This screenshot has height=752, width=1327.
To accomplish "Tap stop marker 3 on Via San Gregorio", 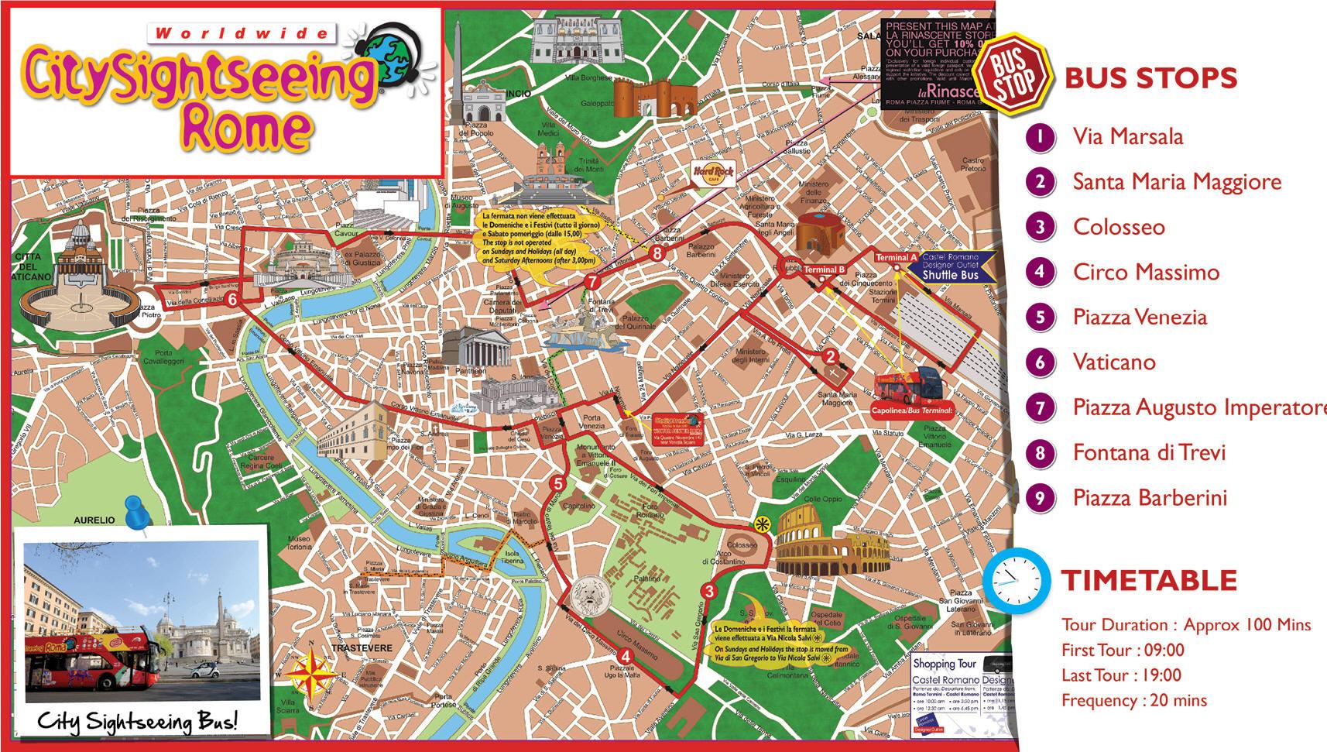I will click(x=709, y=592).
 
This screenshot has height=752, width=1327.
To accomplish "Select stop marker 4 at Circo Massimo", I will click(x=626, y=656).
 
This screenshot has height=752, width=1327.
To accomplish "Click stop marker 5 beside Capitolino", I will click(x=557, y=484).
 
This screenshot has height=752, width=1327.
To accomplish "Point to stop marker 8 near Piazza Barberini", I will click(x=657, y=252).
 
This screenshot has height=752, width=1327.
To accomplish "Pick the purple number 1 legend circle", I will click(x=1041, y=137).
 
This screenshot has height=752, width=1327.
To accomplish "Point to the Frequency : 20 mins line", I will click(x=1133, y=700).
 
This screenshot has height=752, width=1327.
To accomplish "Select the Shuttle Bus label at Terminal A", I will click(x=950, y=275).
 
